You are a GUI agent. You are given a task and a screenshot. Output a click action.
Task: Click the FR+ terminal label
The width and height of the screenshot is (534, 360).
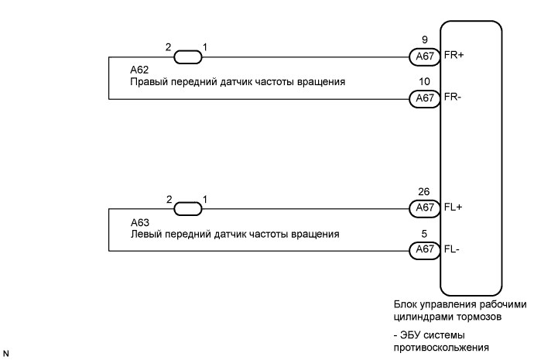pyautogui.click(x=454, y=55)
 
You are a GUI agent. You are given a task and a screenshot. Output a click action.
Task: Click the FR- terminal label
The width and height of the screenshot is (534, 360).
pyautogui.click(x=453, y=97)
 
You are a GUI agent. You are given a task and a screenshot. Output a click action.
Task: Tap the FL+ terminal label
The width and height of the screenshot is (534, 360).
pyautogui.click(x=453, y=207)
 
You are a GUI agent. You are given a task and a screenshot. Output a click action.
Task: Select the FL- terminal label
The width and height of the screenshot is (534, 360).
pyautogui.click(x=452, y=249)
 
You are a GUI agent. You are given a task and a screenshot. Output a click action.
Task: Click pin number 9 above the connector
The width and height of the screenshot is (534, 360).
pyautogui.click(x=425, y=39)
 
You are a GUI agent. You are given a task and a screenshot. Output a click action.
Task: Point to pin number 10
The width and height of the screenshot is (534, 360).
pyautogui.click(x=424, y=82)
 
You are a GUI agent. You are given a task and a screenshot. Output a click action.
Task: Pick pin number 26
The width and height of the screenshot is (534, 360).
pyautogui.click(x=424, y=192)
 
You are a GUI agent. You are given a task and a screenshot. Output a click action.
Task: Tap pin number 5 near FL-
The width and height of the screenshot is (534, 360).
pyautogui.click(x=424, y=234)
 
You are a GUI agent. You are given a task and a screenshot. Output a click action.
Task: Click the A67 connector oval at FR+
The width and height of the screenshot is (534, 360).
pyautogui.click(x=425, y=57)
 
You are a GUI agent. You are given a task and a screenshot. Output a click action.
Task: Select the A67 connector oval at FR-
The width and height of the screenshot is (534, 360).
pyautogui.click(x=425, y=99)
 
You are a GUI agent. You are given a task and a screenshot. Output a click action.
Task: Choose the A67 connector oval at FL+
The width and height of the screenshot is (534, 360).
pyautogui.click(x=425, y=208)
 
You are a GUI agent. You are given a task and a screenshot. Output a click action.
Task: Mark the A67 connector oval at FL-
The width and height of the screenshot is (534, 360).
pyautogui.click(x=425, y=250)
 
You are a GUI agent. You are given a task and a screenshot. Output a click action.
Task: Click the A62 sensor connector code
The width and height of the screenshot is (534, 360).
pyautogui.click(x=139, y=70)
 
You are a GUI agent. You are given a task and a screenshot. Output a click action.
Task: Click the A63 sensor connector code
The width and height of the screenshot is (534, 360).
pyautogui.click(x=140, y=222)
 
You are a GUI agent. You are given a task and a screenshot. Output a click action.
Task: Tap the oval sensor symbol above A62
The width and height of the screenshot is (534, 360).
pyautogui.click(x=188, y=57)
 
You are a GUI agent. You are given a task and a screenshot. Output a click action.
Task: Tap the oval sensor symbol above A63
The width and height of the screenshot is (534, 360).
pyautogui.click(x=188, y=208)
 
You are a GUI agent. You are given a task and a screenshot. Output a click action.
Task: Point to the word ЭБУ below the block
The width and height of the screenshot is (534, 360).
pyautogui.click(x=409, y=335)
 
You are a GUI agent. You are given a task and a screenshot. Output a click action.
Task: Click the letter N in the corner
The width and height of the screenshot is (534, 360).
pyautogui.click(x=5, y=354)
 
